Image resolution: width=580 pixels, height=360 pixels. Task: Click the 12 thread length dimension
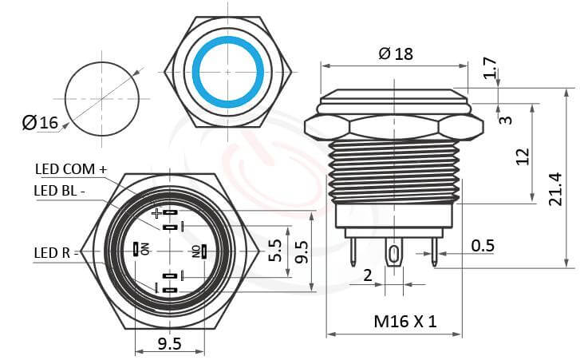coord(523,155)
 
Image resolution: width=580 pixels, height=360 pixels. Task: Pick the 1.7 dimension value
coord(490,69)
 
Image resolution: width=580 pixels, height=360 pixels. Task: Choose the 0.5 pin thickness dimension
coord(482,245)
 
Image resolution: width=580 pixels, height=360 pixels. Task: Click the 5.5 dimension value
coord(274,251)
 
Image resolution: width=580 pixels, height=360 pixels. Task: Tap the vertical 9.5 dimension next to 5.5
coord(302,251)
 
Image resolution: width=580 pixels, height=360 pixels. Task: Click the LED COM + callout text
coord(71,169)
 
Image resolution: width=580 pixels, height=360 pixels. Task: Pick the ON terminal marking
coord(145,249)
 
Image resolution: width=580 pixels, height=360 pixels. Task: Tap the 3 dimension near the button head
coord(505,120)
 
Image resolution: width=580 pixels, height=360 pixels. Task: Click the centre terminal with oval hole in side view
coord(393,257)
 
